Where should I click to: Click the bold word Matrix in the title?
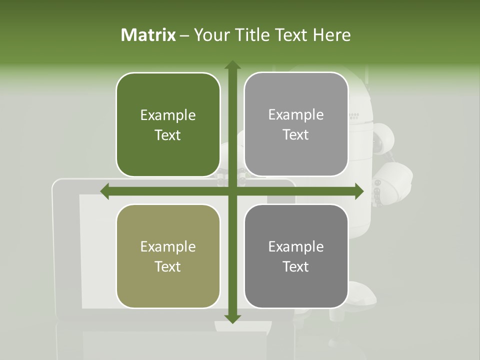pos(148,35)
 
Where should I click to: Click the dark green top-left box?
pos(168,124)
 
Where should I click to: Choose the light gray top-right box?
pos(296,124)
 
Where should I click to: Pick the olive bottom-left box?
pos(168,256)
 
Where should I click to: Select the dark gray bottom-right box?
pos(296,256)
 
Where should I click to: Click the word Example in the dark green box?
pos(168,115)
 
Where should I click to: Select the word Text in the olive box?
pos(168,266)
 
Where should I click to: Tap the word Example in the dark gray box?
pos(296,246)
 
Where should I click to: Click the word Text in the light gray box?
pos(296,135)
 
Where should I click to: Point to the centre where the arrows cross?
pos(232,191)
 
